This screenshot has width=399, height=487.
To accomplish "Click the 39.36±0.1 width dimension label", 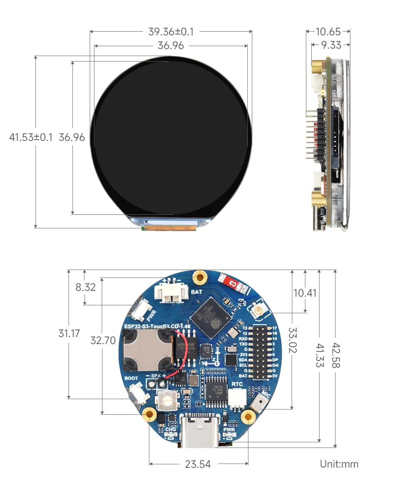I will (171, 32).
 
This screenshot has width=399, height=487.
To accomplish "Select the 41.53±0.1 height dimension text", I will (31, 137).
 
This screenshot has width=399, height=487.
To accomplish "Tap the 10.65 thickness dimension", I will (328, 32).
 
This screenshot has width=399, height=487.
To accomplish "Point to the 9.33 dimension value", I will (330, 45).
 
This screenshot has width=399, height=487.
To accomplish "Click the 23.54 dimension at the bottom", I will (198, 464).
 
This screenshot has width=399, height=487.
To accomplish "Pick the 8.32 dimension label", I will (85, 287).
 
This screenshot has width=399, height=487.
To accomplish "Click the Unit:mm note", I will (339, 464).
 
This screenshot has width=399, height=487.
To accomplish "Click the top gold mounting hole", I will (201, 277).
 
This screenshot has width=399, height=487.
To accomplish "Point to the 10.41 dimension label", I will (305, 293).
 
